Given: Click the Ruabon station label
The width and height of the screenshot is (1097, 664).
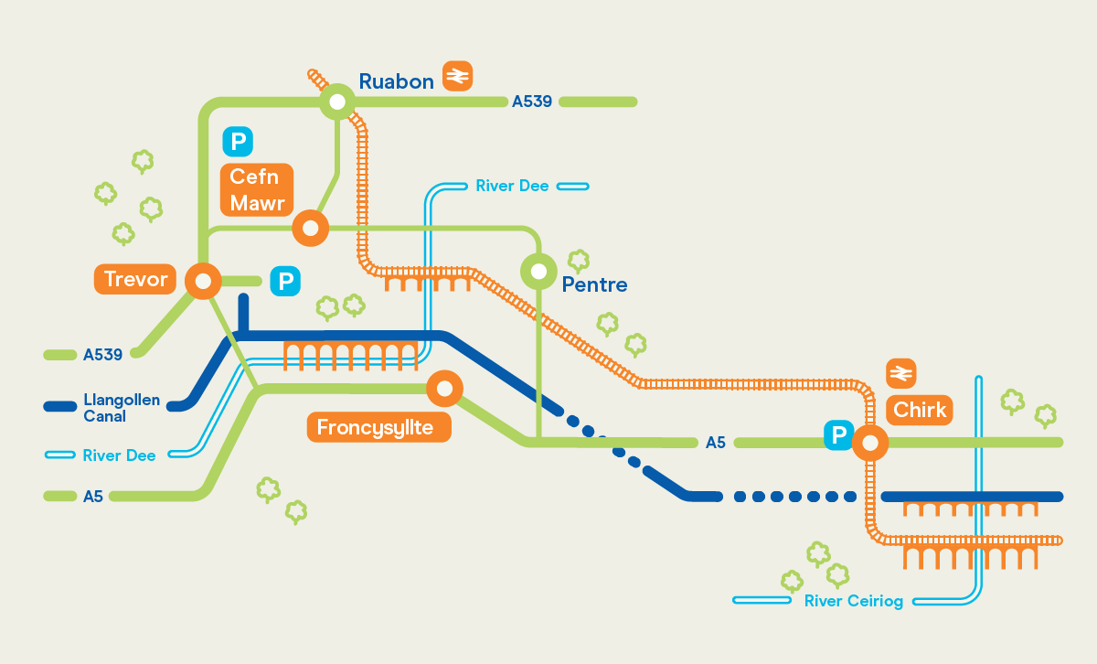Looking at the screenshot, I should point(396,81).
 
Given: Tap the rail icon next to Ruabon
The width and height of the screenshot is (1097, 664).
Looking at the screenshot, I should point(457,76).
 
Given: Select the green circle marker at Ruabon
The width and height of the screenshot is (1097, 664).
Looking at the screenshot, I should point(336,102).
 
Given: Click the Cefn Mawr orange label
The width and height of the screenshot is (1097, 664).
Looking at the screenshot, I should point(257,190).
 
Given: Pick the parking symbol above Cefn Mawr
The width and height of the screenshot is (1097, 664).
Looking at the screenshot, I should point(238,142).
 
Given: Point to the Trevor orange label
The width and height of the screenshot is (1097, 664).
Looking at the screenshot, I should point(135,279).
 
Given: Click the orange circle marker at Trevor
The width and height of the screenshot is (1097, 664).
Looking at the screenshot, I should point(202,281).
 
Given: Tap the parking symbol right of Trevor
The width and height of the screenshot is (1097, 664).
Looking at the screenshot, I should point(286,282).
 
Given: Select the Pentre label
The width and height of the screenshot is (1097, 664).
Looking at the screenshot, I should point(594,284).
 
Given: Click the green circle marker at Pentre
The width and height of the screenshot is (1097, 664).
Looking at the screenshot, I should point(538,271).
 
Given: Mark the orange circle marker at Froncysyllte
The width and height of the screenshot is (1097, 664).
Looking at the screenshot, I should point(444,389).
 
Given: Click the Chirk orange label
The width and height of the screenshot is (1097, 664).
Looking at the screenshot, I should point(920,410).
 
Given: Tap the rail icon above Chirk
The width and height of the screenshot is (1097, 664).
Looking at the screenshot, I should point(901,373).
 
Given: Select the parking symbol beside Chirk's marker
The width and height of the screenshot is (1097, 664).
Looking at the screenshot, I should point(838,435).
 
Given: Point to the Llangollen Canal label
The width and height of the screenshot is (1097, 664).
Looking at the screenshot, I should point(122,408).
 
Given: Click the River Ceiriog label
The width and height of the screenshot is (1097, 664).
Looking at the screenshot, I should point(853,601).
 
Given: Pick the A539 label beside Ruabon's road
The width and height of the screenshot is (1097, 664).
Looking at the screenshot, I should point(532,102).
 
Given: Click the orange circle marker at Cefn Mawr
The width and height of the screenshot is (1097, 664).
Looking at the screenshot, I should point(310,227).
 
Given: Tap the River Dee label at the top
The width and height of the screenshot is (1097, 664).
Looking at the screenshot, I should point(512,186).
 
